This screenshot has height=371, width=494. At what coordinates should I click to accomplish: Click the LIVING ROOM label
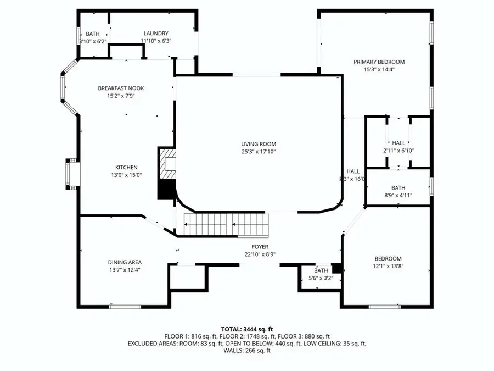click(257, 144)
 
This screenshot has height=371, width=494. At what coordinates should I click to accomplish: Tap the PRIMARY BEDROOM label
click(379, 62)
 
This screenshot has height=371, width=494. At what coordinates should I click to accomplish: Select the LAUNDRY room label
click(156, 34)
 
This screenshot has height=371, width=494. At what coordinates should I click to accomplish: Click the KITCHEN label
click(126, 168)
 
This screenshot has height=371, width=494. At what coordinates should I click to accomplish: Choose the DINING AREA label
click(125, 262)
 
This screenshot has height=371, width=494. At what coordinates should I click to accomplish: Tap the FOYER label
click(260, 247)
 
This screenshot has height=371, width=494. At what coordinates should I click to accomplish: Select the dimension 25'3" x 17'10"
click(257, 152)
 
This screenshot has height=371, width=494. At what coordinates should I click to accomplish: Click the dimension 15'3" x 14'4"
click(379, 70)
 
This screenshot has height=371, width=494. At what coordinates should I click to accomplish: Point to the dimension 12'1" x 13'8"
click(388, 267)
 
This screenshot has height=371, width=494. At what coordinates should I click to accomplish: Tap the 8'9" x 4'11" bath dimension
click(398, 195)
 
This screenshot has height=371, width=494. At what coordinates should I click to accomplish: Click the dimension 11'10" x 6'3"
click(156, 41)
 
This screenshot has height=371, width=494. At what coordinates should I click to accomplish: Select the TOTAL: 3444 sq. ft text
click(246, 328)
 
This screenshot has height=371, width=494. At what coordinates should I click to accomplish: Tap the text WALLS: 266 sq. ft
click(246, 350)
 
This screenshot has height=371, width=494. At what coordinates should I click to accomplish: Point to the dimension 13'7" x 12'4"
click(125, 270)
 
